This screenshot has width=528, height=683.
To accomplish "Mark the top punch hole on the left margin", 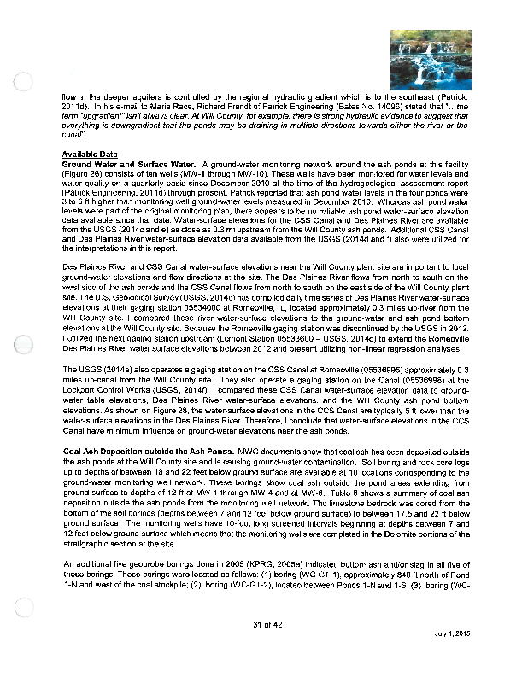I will [x=25, y=81].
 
